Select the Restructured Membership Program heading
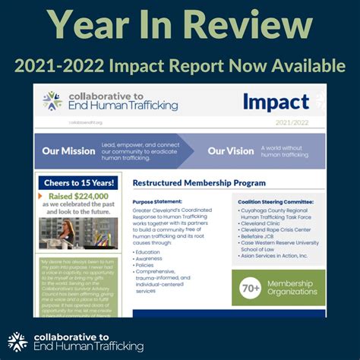[x=199, y=183]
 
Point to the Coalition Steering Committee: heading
[x=265, y=202]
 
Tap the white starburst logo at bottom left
[x=17, y=342]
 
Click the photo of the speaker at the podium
[x=78, y=233]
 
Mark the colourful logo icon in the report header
[x=52, y=101]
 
